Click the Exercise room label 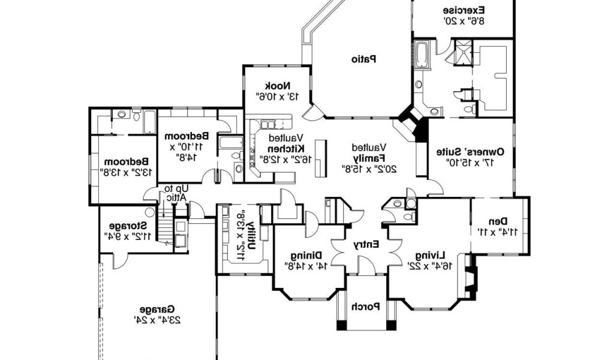click(464, 10)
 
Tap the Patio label click(364, 59)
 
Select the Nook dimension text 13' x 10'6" click(278, 95)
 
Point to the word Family click(370, 158)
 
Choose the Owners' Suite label click(470, 152)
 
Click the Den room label click(498, 221)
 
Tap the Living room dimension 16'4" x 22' click(431, 266)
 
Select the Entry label click(366, 245)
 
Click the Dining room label click(306, 256)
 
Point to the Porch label click(365, 307)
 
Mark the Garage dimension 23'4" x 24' click(158, 320)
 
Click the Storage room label click(128, 226)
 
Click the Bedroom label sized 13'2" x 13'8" click(126, 161)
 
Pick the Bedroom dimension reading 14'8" click(186, 157)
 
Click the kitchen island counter click(321, 158)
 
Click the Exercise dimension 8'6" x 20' click(464, 21)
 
